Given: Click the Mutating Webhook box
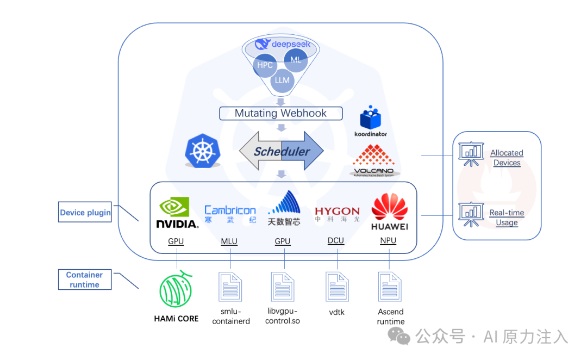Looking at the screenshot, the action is (x=281, y=113).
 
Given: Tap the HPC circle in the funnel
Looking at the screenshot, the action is (x=265, y=65).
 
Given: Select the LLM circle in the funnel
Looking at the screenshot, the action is (x=282, y=80).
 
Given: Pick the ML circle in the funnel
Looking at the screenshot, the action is (x=296, y=60).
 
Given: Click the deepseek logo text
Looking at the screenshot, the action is (x=291, y=44).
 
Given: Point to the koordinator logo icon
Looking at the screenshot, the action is (x=370, y=117).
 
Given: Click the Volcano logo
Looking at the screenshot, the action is (x=373, y=161).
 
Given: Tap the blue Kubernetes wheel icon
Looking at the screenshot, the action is (x=203, y=151).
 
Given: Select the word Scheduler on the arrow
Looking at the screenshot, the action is (x=282, y=151).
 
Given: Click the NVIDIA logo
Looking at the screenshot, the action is (x=177, y=213).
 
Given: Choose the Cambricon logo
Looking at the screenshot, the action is (x=230, y=214).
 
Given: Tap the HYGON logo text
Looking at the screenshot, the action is (x=338, y=211).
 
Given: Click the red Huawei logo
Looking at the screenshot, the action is (x=390, y=207).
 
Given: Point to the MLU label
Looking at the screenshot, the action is (x=229, y=241).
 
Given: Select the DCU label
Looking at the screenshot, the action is (x=336, y=240).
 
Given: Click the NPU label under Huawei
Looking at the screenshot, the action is (x=388, y=240).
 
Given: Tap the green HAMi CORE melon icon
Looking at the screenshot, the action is (x=176, y=289).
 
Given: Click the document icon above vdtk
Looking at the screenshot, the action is (x=338, y=287).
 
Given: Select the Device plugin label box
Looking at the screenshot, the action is (x=85, y=212).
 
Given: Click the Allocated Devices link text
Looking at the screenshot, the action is (x=507, y=158).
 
